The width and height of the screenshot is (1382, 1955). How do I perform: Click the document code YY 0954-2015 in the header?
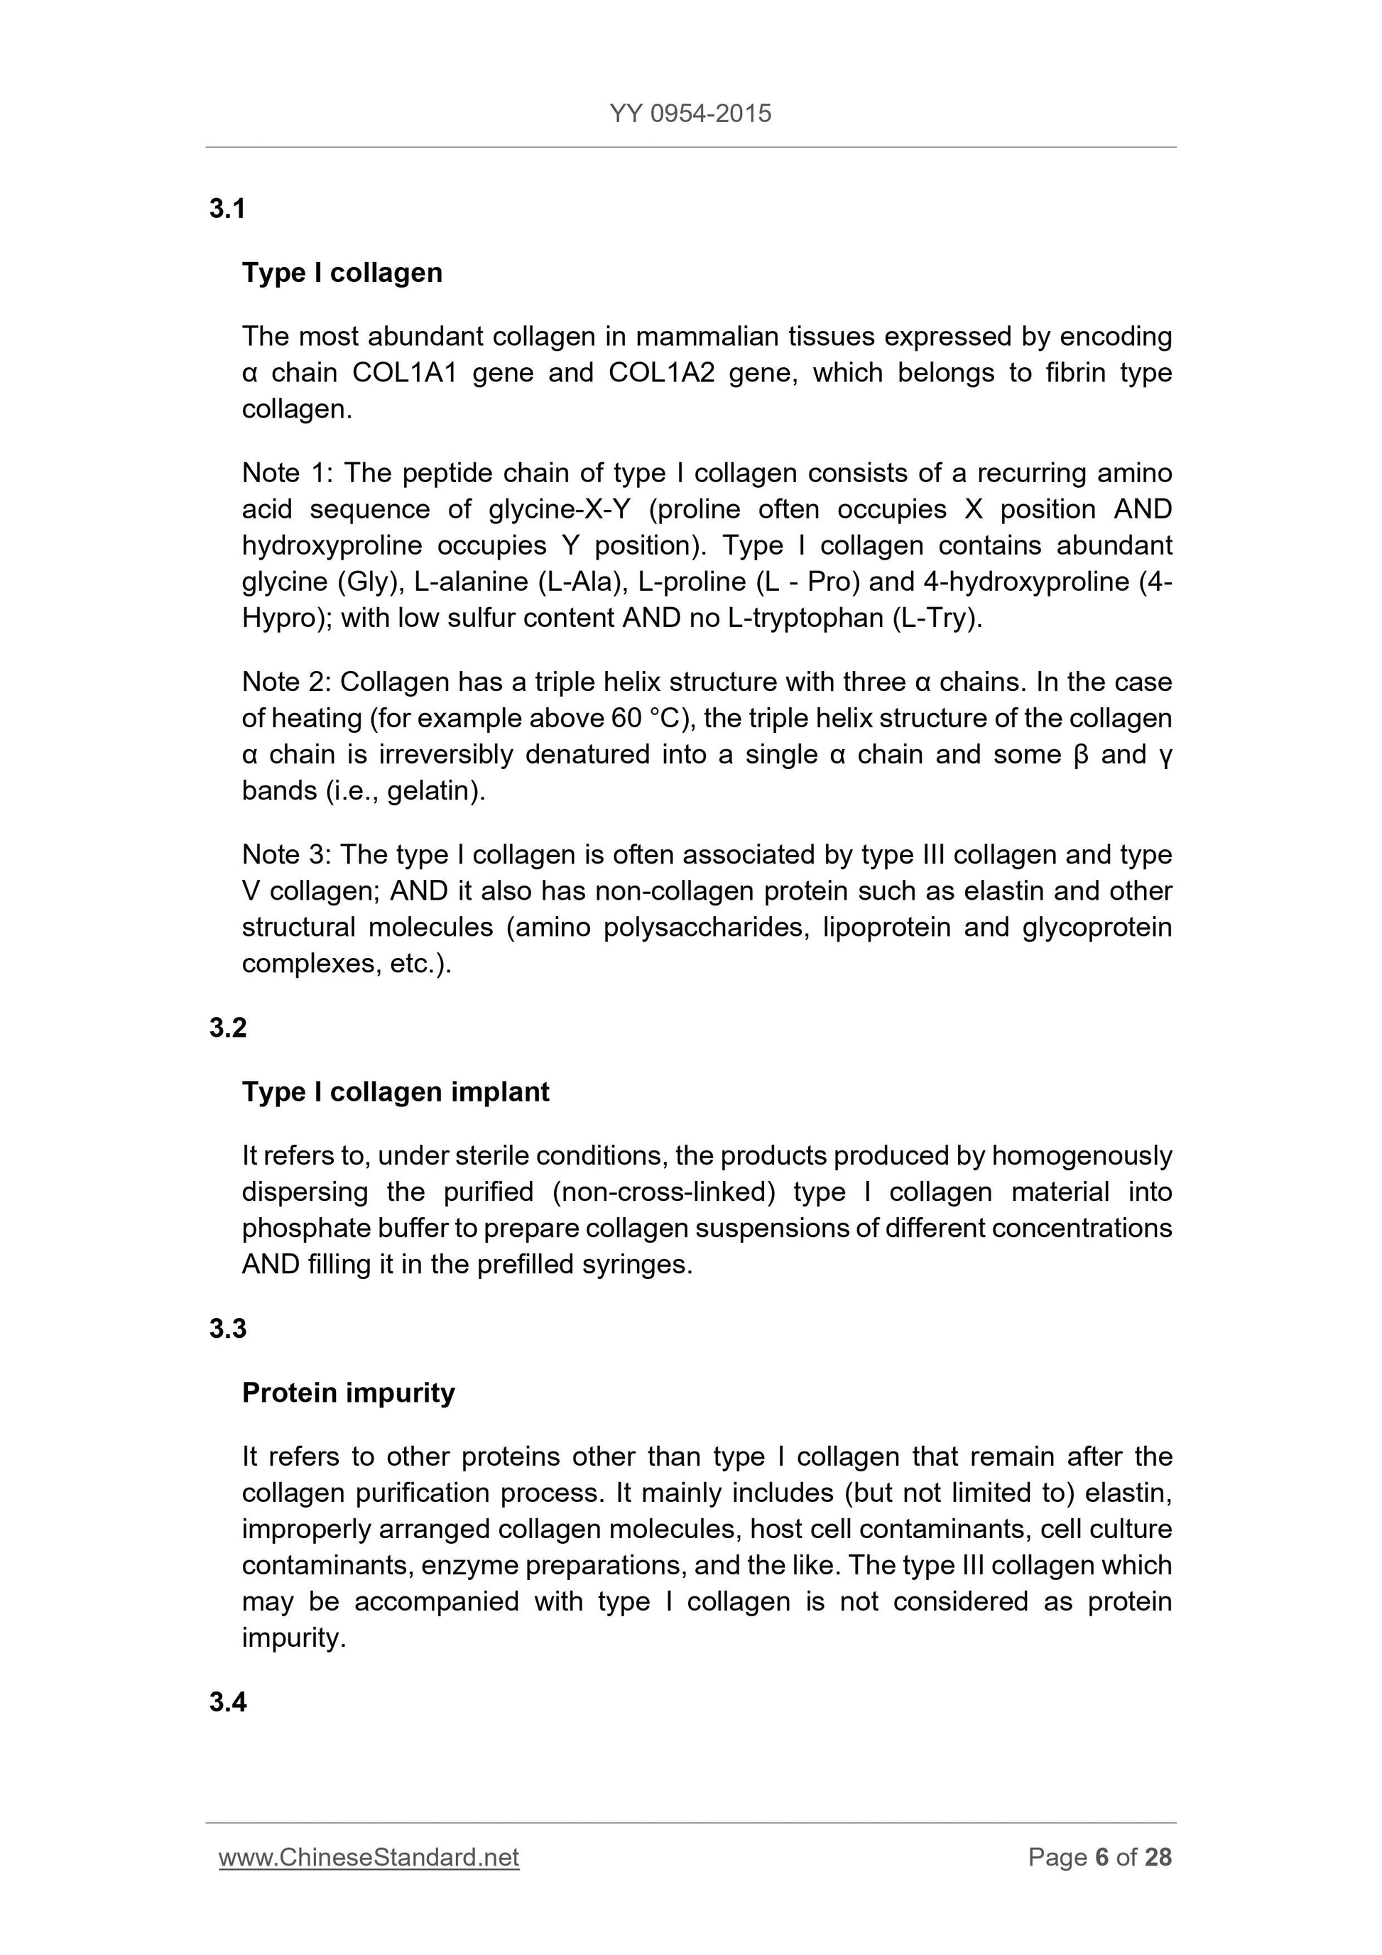tap(690, 113)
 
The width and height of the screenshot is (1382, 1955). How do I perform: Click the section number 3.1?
tap(227, 209)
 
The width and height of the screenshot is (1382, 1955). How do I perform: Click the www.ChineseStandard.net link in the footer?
tap(369, 1857)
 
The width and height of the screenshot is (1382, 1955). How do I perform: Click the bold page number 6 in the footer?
tap(1102, 1857)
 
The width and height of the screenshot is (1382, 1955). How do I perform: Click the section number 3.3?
tap(227, 1329)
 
